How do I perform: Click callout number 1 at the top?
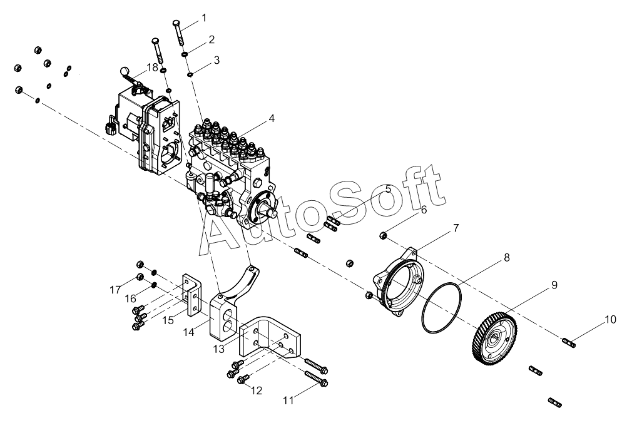tap(204, 18)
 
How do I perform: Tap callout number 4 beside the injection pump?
tap(272, 118)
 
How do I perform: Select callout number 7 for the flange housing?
tap(456, 228)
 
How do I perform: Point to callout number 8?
tap(507, 258)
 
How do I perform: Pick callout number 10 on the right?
tap(611, 320)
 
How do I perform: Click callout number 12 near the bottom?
tap(257, 390)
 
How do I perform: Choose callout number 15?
tap(168, 320)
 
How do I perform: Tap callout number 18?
tap(152, 67)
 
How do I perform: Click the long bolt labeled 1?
tap(179, 32)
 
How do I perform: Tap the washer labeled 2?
tap(186, 54)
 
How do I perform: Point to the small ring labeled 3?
tap(191, 74)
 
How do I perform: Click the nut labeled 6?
tap(383, 235)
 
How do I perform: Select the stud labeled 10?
tap(569, 343)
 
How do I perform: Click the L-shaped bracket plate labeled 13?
tap(268, 337)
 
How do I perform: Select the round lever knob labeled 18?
tap(125, 71)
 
